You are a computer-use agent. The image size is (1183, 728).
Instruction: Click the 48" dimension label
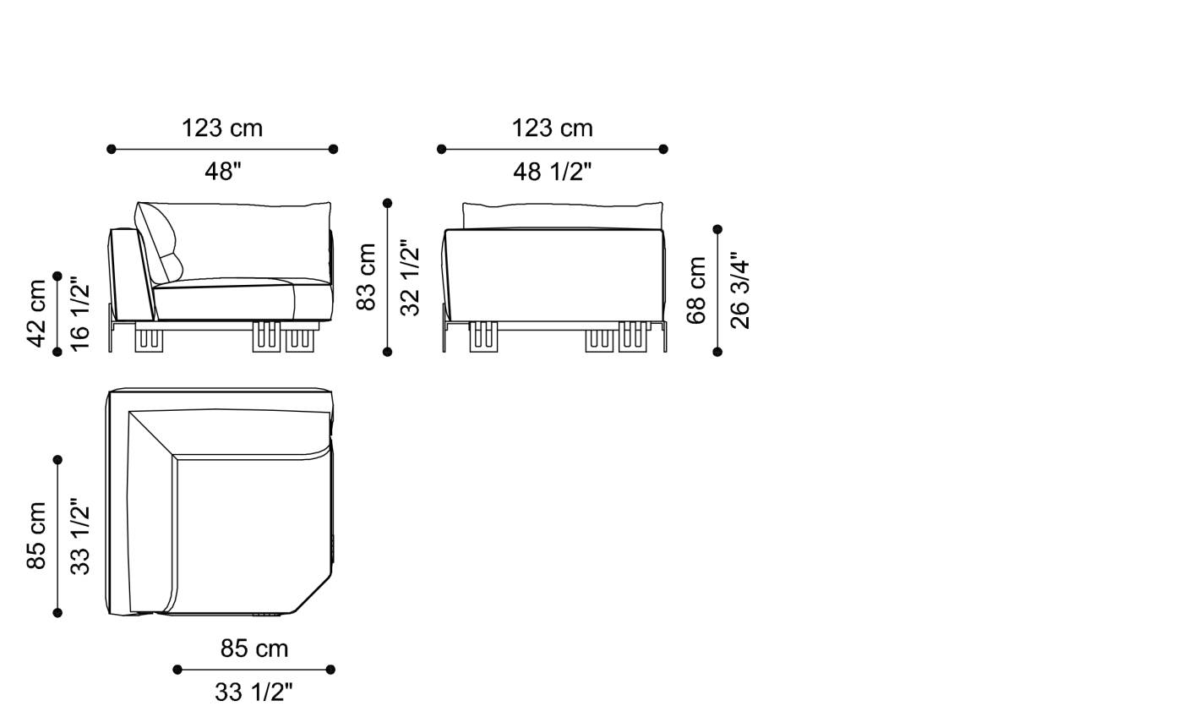click(x=223, y=172)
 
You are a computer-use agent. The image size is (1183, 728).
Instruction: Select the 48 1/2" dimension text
click(x=552, y=172)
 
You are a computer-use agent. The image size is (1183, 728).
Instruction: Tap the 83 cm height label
click(x=366, y=276)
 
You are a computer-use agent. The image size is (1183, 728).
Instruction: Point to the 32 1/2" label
click(x=410, y=276)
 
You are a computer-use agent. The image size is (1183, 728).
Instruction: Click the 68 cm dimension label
click(x=696, y=290)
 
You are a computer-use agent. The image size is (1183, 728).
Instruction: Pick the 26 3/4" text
click(x=739, y=290)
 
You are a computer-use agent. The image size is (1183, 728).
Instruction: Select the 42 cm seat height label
click(x=36, y=313)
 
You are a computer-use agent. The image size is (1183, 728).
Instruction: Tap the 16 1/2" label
click(x=79, y=313)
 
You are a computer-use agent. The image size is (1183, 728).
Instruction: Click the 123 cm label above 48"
click(x=222, y=129)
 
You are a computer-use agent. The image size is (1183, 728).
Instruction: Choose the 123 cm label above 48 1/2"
click(x=552, y=129)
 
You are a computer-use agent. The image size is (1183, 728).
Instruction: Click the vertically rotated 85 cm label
click(x=36, y=536)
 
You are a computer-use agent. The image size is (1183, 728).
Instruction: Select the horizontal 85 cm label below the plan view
click(x=254, y=649)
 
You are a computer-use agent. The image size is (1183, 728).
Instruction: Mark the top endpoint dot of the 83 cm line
click(x=387, y=203)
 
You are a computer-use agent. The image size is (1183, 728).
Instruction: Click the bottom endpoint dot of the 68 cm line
click(x=717, y=352)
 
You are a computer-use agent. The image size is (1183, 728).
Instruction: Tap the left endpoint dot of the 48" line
click(x=112, y=149)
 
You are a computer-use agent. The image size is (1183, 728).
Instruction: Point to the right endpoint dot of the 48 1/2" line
click(x=663, y=149)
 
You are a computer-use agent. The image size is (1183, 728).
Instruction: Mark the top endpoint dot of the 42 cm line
click(x=57, y=276)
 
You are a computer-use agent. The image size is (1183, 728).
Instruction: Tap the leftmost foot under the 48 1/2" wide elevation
click(x=484, y=336)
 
